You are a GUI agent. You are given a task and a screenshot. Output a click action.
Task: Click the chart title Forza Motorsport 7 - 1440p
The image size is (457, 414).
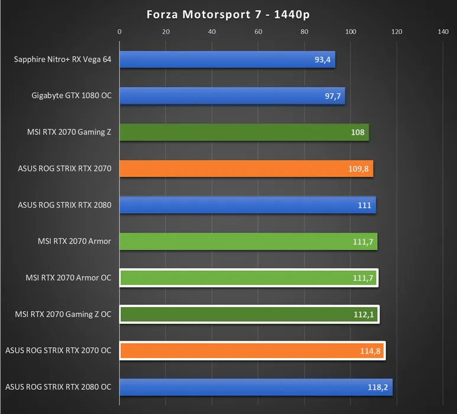[x=228, y=14]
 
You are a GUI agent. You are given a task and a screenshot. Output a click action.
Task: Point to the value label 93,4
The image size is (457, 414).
[x=324, y=60]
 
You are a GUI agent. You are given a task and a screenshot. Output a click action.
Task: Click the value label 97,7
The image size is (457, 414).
[x=333, y=96]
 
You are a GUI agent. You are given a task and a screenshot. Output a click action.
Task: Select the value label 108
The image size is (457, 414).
[x=358, y=132]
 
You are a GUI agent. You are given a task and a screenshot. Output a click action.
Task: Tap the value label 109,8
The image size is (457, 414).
[x=359, y=169]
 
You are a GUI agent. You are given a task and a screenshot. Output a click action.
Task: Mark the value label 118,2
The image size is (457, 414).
[x=378, y=388]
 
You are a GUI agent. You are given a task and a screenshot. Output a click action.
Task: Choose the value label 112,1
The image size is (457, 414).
[x=364, y=315]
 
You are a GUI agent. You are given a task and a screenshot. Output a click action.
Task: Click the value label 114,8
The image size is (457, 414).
[x=370, y=351]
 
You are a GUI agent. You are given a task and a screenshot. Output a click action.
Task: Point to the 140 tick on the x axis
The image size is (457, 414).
[x=443, y=32]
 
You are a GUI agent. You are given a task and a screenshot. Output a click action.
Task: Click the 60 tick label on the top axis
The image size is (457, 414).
[x=258, y=32]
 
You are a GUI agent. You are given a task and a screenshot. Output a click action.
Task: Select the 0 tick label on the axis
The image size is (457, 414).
[x=119, y=32]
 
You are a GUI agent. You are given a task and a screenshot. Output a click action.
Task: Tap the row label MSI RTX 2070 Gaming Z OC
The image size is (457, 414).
[x=63, y=315]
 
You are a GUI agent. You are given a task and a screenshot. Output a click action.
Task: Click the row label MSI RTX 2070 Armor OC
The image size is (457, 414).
[x=69, y=278]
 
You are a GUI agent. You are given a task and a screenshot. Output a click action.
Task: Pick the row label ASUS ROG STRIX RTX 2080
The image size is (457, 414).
[x=65, y=205]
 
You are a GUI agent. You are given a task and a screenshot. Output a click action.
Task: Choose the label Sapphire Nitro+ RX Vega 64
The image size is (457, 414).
[x=63, y=59]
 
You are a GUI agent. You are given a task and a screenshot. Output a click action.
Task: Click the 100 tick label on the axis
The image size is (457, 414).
[x=351, y=32]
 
